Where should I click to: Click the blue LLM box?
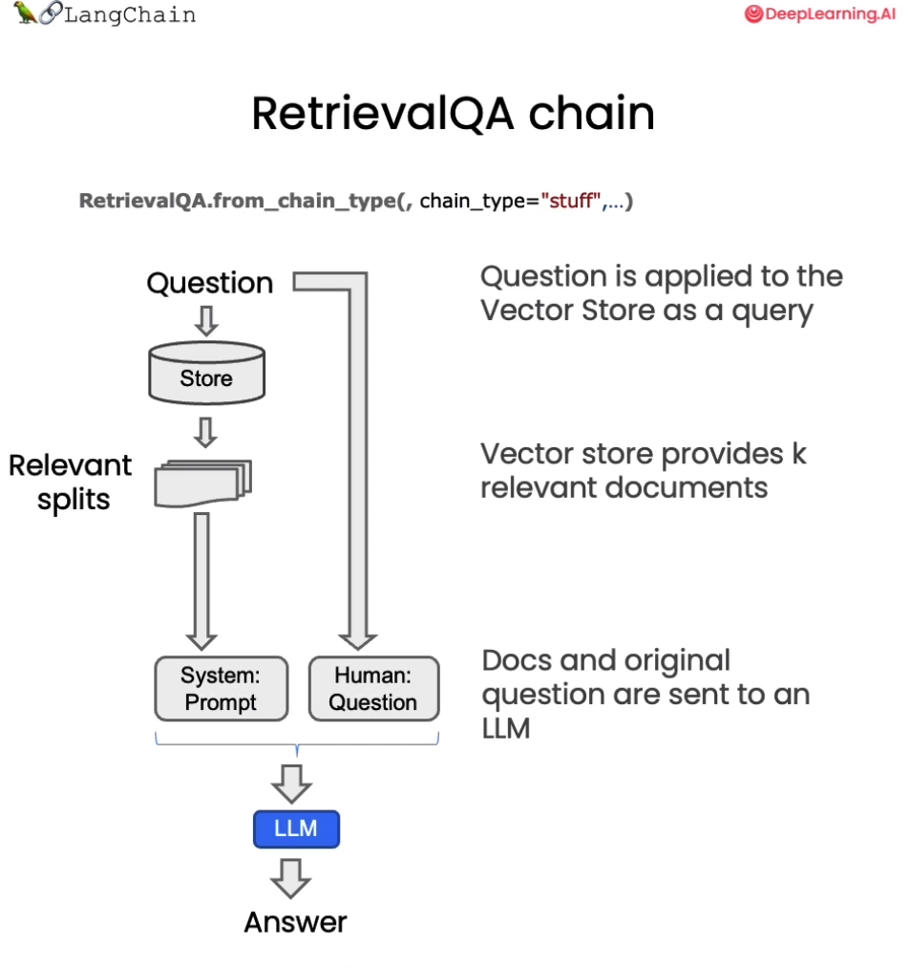tap(296, 829)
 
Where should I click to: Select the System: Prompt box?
tap(221, 688)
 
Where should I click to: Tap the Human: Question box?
tap(374, 688)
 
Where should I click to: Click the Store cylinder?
tap(206, 373)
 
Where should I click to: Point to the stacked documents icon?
tap(202, 483)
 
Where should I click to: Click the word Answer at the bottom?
tap(295, 922)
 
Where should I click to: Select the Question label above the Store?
tap(210, 284)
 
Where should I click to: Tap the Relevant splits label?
tap(71, 483)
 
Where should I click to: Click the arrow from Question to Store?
tap(206, 321)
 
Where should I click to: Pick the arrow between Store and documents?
tap(205, 432)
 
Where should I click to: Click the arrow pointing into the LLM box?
tap(291, 784)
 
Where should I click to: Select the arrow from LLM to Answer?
tap(290, 878)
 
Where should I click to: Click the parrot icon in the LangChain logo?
tap(25, 11)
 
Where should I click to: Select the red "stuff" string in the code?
tap(571, 201)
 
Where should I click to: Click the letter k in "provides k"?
tap(799, 454)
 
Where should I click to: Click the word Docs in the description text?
tap(517, 660)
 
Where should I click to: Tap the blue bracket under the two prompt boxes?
tap(297, 744)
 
